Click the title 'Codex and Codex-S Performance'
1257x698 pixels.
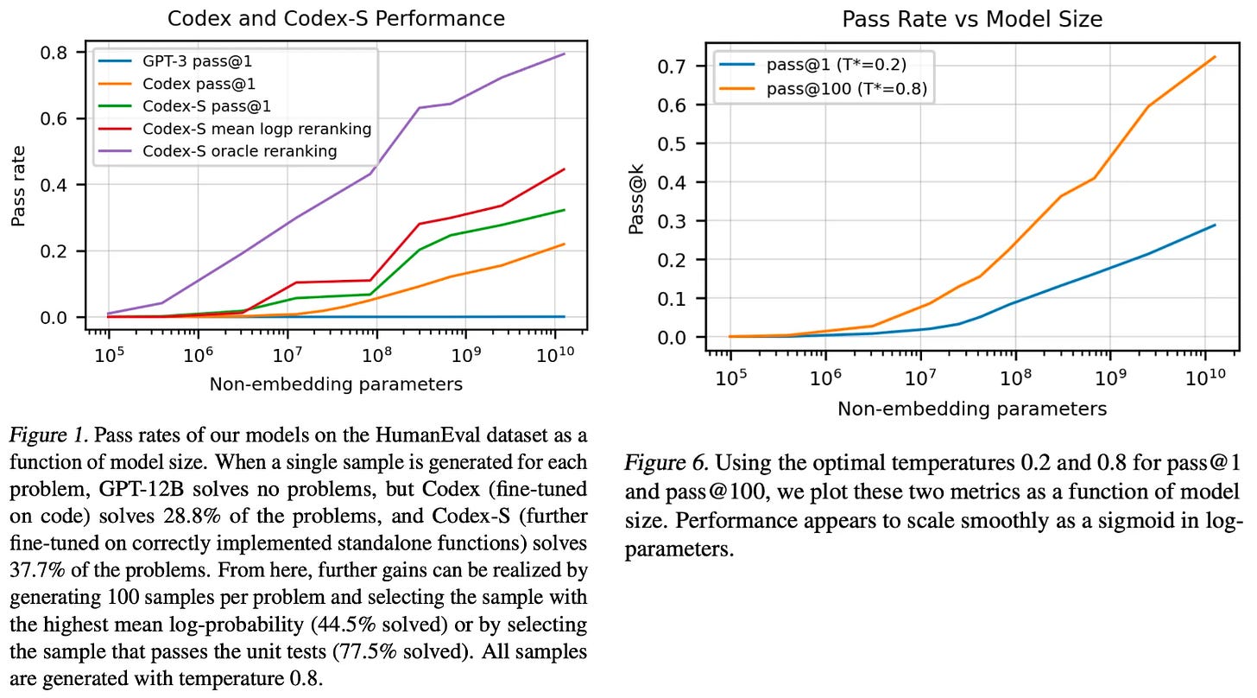[336, 18]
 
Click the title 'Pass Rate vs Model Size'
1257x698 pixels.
[972, 19]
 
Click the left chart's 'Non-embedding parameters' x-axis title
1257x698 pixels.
[336, 384]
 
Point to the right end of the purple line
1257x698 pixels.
[565, 54]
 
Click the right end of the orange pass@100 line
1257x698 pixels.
[1216, 57]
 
